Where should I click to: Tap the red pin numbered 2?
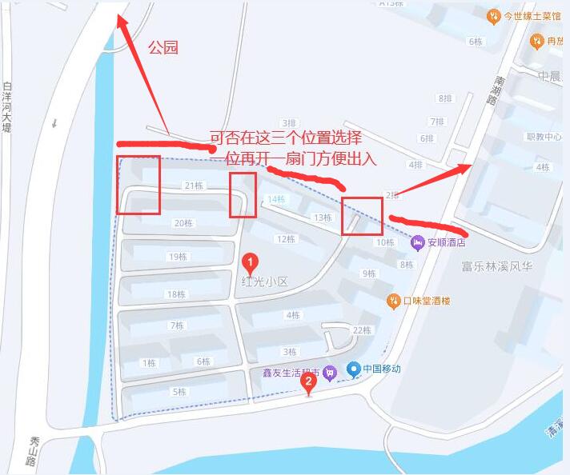(x=307, y=382)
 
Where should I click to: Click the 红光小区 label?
(x=263, y=281)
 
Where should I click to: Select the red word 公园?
(x=163, y=48)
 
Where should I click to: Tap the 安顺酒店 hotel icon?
(x=417, y=241)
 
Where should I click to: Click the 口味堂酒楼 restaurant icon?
(x=393, y=301)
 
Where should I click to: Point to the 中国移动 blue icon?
(x=353, y=369)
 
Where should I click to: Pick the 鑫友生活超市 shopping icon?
(x=328, y=373)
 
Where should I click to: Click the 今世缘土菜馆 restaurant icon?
(x=495, y=15)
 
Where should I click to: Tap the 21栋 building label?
(x=193, y=186)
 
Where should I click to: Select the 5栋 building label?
(x=179, y=392)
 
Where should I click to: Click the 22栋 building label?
(x=362, y=330)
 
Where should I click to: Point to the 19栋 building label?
(x=177, y=257)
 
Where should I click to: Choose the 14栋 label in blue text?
(x=275, y=199)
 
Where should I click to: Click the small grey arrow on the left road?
(x=54, y=123)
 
